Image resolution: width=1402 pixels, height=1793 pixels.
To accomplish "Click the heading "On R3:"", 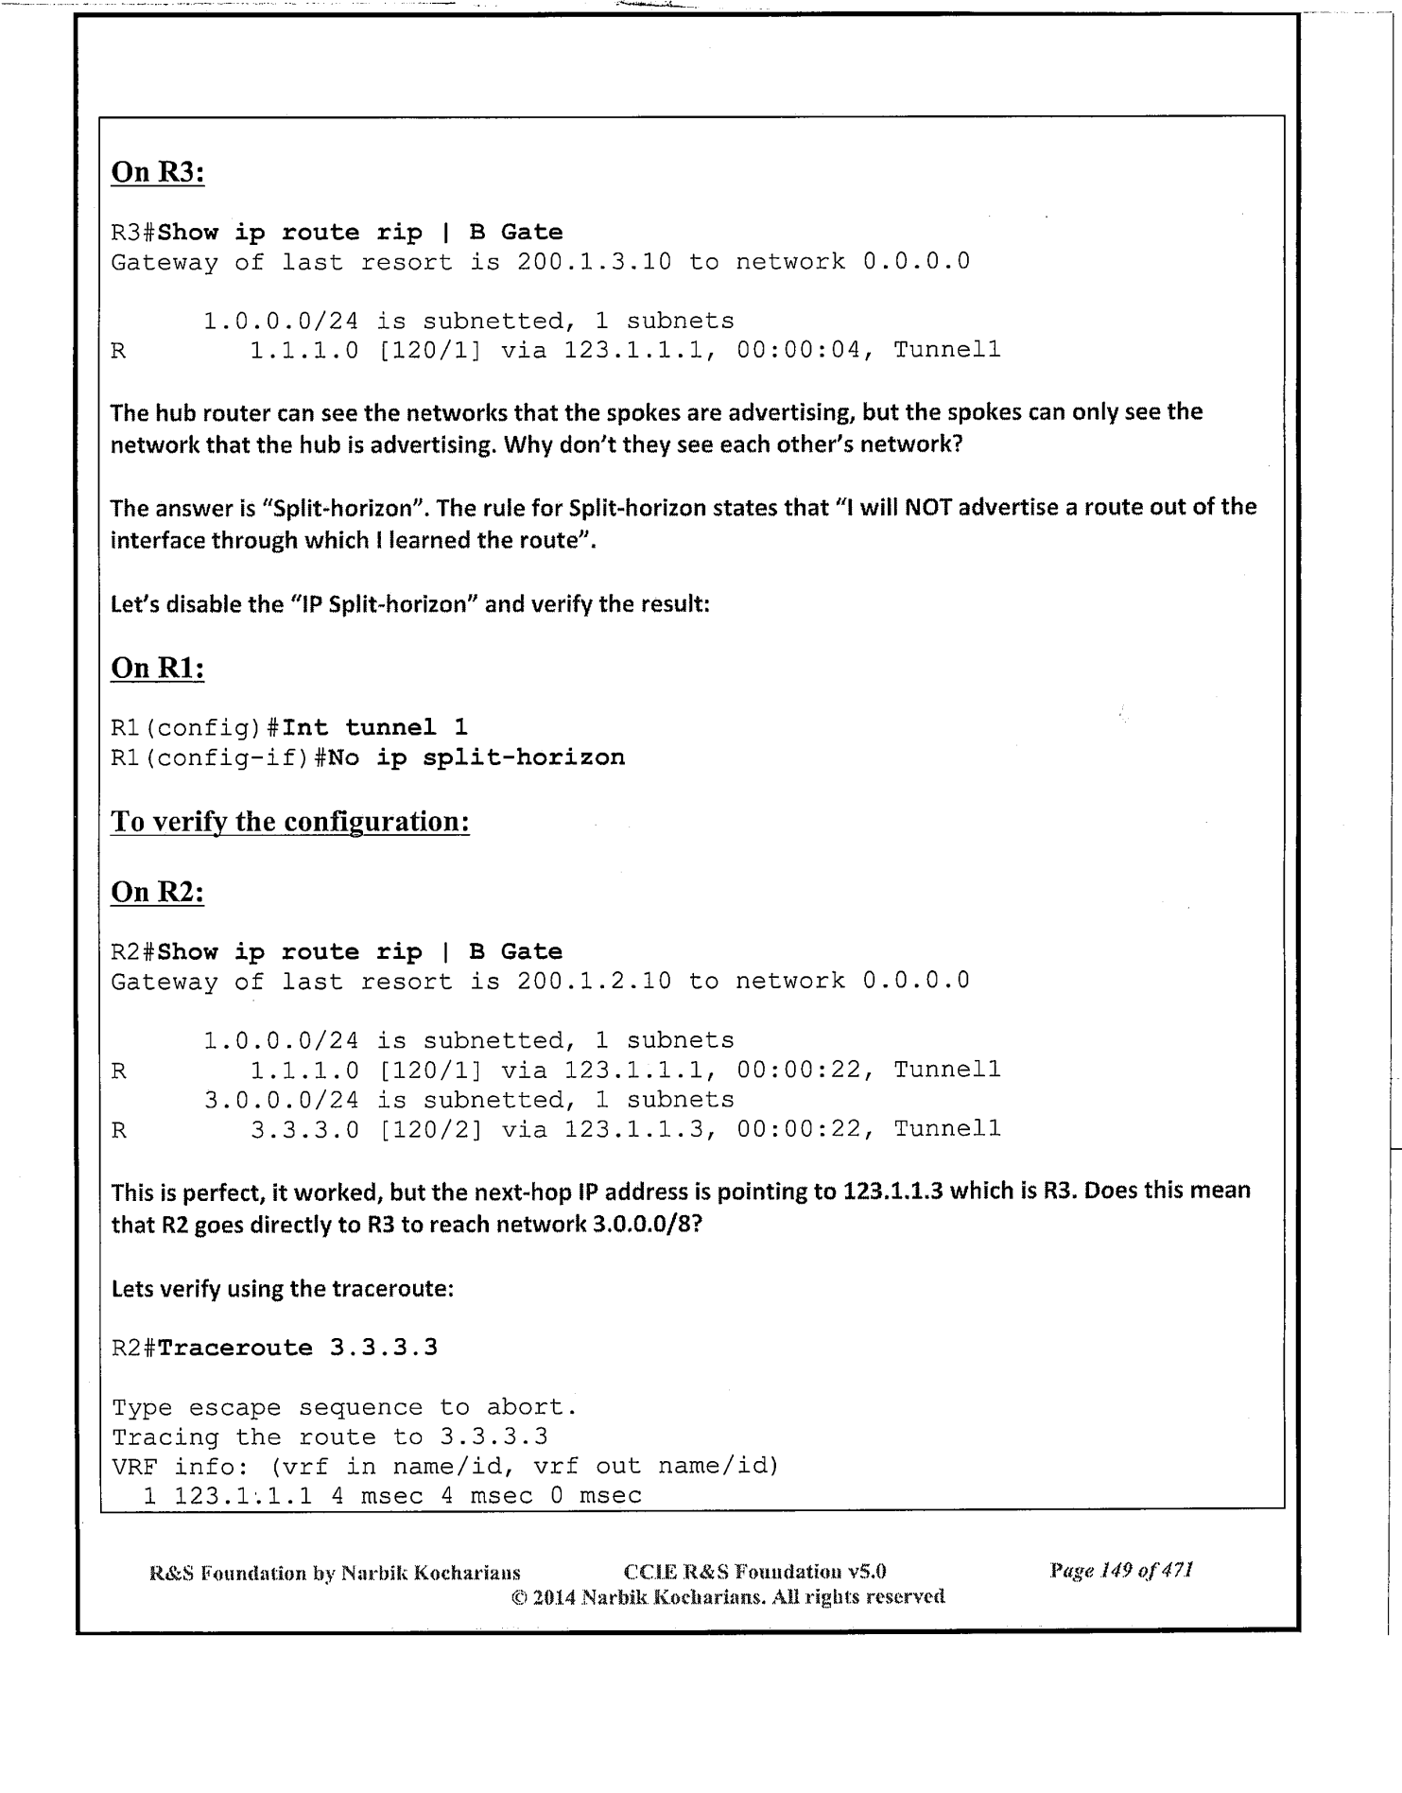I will point(158,172).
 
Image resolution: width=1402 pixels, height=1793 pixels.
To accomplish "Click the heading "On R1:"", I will point(158,668).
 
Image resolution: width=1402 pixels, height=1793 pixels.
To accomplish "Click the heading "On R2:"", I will point(158,892).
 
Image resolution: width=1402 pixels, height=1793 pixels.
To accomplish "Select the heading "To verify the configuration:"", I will point(290,821).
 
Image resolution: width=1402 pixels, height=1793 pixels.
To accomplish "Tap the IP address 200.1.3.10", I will point(594,262).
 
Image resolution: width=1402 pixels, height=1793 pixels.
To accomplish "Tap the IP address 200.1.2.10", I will point(594,982).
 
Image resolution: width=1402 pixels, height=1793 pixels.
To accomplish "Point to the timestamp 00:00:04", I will point(799,351).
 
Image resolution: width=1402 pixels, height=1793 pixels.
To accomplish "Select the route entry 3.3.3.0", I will point(304,1129).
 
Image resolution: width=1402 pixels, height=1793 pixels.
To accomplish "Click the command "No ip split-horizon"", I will point(476,757).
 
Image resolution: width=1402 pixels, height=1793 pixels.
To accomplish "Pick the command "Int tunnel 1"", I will point(374,728).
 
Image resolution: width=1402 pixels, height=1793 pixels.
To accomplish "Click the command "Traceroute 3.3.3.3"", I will point(298,1348).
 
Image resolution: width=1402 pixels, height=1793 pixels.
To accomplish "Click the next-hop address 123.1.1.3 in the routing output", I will point(639,1129).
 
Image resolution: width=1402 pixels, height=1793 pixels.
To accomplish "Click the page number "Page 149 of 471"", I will point(1120,1571).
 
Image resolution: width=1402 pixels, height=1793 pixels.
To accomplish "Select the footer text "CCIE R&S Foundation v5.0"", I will point(755,1572).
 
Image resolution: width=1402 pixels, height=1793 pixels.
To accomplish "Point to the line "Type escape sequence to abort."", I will point(344,1408).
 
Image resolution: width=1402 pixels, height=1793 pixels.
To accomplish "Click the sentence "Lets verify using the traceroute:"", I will point(283,1289).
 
